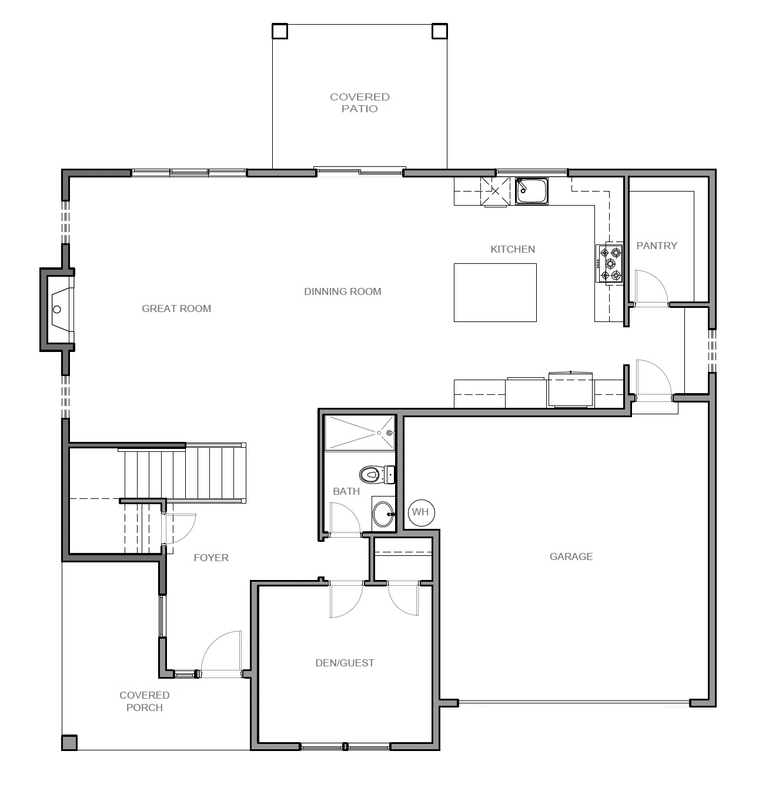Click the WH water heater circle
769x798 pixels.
coord(422,512)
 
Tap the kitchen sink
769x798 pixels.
coord(532,191)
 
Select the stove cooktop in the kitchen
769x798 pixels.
coord(610,264)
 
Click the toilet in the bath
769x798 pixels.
coord(377,475)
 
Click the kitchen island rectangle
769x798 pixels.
coord(495,293)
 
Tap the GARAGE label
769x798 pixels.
coord(571,556)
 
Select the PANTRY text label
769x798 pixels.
coord(657,246)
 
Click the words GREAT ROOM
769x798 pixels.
coord(176,309)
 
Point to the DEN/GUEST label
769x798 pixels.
coord(345,663)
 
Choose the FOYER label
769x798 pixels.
coord(211,558)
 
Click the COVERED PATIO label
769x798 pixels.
coord(360,103)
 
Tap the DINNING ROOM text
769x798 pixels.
coord(343,291)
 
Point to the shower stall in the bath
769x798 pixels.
coord(360,432)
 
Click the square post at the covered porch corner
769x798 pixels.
coord(69,743)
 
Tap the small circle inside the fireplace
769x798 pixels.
coord(57,310)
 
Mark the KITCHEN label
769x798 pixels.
coord(513,249)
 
